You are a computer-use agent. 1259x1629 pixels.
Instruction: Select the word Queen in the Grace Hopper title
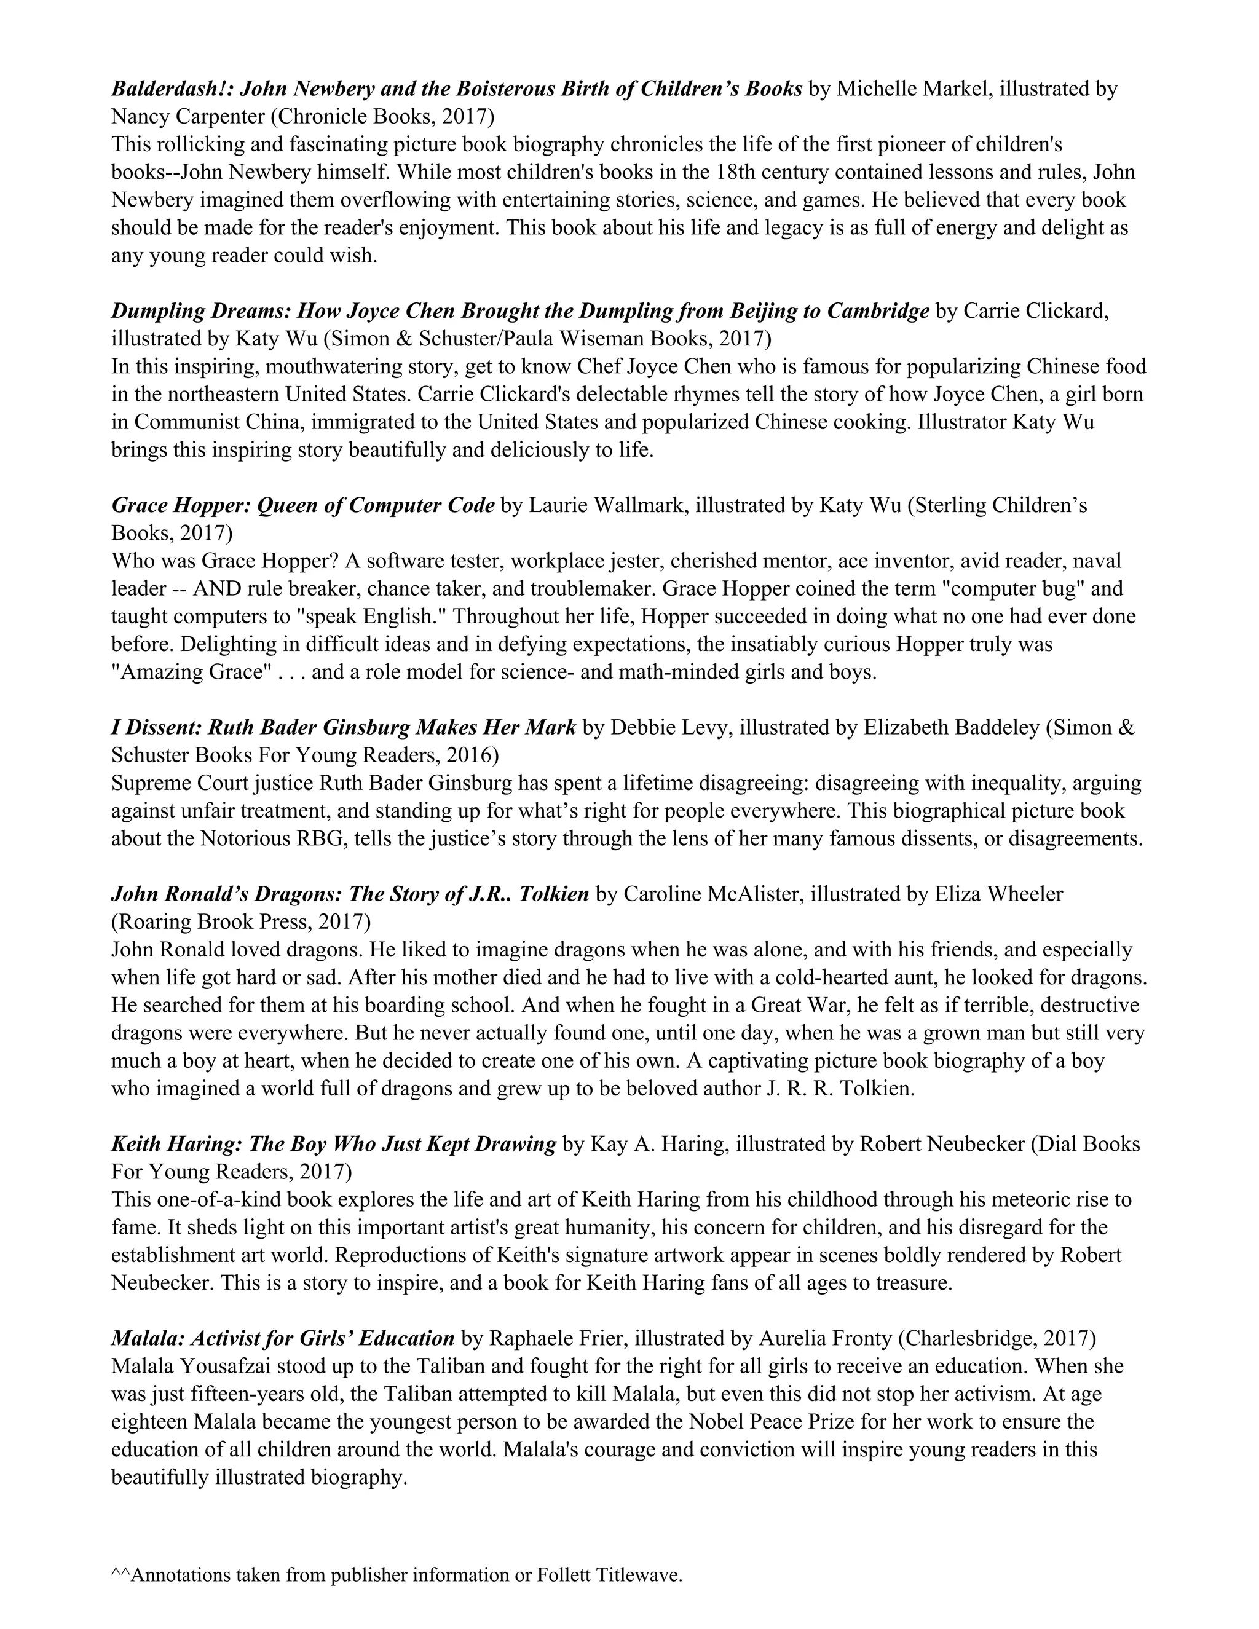(x=288, y=506)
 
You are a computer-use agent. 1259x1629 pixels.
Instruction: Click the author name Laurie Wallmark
(x=609, y=506)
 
